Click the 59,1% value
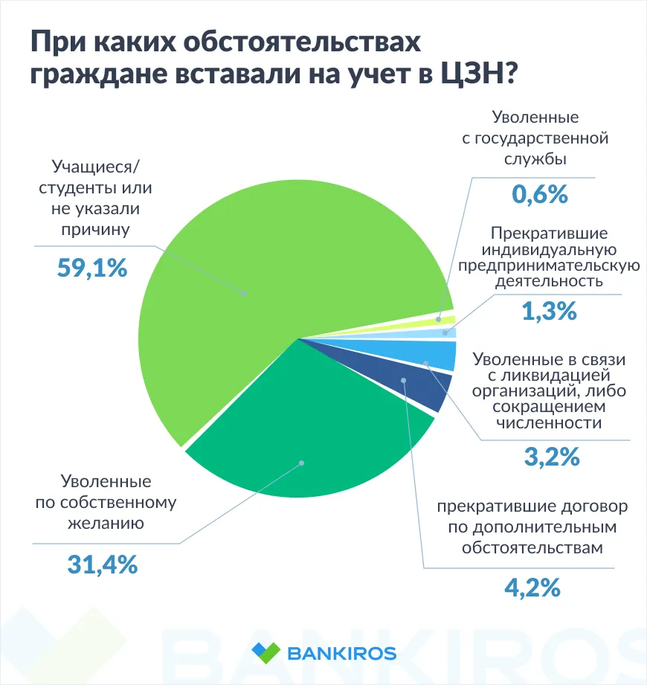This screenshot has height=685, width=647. point(92,268)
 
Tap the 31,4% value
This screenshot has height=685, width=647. point(102,565)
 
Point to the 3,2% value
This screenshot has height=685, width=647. point(551,457)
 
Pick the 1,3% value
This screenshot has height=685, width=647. point(549,311)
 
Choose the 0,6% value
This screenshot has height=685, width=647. point(540,195)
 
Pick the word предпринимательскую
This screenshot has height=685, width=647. point(549,266)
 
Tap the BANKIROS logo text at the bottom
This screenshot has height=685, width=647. point(341,654)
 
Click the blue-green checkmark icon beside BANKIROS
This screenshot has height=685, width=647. point(265,653)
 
